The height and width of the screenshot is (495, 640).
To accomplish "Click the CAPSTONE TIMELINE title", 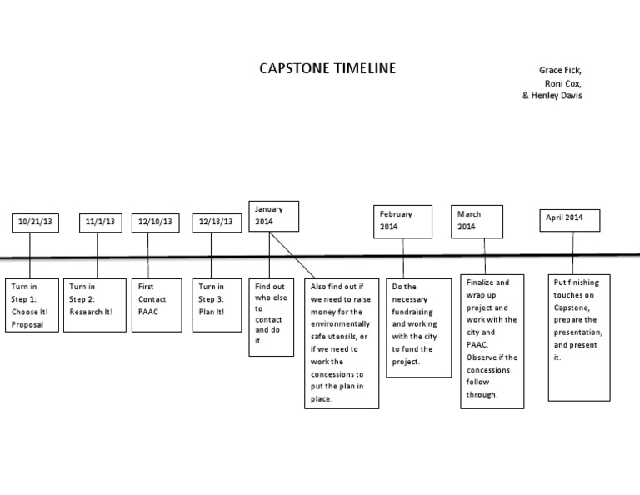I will point(327,68).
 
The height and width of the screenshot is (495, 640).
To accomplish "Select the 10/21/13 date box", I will point(35,222).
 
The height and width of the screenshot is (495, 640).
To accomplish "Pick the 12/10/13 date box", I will point(156,222).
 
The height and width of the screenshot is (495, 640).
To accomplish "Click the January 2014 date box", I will point(273,216).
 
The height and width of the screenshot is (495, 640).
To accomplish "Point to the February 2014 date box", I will point(402,220).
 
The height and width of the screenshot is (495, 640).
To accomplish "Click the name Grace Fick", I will point(560,70).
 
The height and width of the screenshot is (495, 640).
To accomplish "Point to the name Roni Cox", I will point(562,83).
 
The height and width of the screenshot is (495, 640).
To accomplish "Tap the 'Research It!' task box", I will point(95,304).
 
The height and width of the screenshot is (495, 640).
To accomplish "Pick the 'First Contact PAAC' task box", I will point(157,304).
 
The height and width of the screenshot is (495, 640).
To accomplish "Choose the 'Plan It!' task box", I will point(217,304).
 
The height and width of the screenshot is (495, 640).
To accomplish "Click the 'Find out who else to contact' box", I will point(271,317).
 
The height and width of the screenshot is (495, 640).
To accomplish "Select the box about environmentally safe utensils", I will point(341,342).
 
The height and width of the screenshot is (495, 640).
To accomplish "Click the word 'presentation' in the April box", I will point(577,332).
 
